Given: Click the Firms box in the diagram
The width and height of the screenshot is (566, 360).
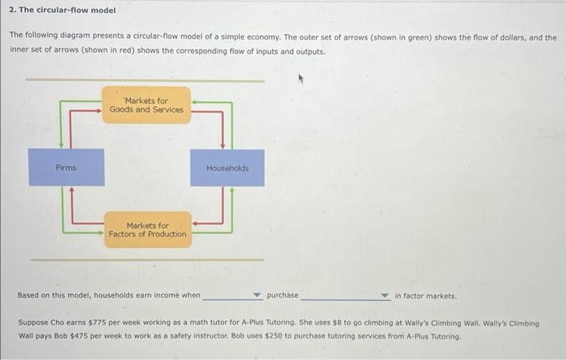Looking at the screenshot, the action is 66,167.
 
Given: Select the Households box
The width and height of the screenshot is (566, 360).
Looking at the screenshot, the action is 227,167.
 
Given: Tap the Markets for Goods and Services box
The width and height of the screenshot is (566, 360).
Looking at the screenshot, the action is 146,105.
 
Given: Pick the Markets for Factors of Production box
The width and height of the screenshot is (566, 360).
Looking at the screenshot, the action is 147,230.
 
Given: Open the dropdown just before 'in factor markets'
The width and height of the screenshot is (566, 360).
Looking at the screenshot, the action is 385,296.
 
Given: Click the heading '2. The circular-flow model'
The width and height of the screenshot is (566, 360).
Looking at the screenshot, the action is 62,11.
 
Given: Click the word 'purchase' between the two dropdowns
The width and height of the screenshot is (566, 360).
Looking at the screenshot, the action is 282,295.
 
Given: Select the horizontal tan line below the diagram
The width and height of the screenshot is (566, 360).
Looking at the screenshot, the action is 146,260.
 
